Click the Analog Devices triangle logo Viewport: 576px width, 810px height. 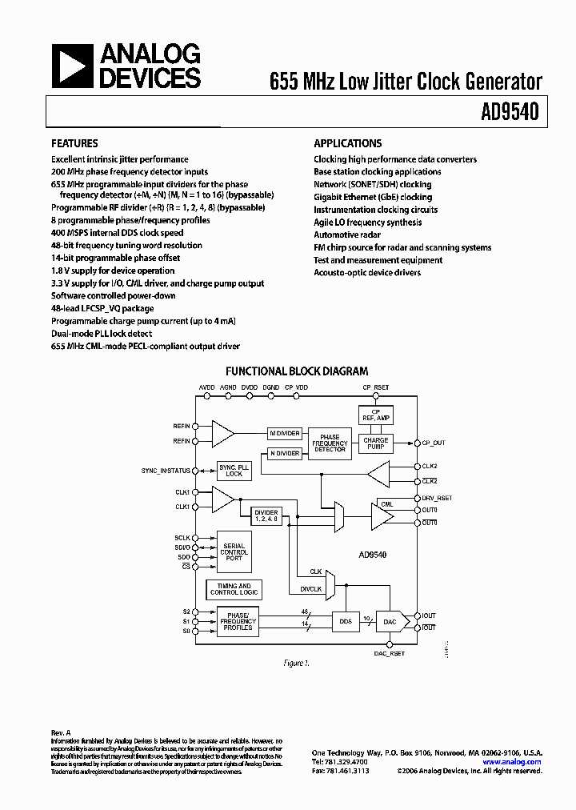(71, 66)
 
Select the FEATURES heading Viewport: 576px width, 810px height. (75, 144)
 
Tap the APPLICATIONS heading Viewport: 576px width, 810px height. (347, 144)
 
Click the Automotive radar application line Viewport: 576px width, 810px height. (348, 235)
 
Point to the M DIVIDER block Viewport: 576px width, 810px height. (284, 433)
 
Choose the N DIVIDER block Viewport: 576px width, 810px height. (284, 453)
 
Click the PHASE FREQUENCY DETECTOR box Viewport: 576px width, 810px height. (330, 443)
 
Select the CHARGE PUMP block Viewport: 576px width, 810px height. (375, 443)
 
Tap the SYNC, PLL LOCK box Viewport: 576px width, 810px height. (234, 471)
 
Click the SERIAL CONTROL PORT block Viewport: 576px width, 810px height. (234, 552)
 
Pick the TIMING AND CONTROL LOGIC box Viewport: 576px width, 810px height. (234, 590)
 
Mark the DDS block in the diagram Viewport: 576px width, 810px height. (346, 621)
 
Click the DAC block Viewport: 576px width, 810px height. (390, 621)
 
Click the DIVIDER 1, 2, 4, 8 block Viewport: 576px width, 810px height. (266, 516)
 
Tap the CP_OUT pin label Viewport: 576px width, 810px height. (433, 443)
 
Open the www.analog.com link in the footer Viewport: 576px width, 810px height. (512, 762)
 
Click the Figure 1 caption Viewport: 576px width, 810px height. (295, 664)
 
